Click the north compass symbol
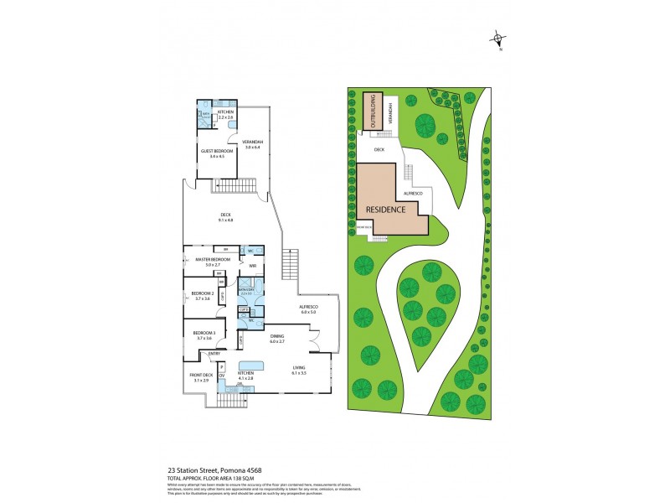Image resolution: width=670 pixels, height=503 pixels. tap(500, 39)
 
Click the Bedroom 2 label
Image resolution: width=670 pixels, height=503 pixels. tap(202, 293)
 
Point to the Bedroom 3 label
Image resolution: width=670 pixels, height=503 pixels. tap(204, 333)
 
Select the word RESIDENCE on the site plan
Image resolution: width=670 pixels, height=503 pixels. tap(386, 210)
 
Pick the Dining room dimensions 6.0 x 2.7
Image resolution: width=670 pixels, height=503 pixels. tap(277, 341)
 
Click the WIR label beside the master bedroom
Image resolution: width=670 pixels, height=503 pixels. tap(250, 267)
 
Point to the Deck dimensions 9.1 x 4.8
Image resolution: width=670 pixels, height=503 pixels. tap(225, 220)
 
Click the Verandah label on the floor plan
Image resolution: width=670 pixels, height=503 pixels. tap(253, 142)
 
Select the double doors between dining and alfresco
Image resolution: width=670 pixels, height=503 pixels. tap(314, 343)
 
